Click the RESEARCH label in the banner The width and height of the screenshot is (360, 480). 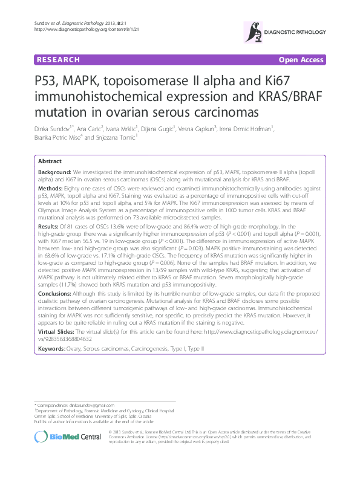[58, 60]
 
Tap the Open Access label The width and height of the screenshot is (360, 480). [301, 60]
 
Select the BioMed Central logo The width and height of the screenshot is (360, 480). [59, 438]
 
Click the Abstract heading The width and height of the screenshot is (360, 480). [50, 162]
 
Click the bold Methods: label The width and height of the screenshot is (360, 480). [51, 189]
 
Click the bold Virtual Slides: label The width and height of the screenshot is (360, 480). [58, 332]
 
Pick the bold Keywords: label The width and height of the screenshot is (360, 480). [53, 349]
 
